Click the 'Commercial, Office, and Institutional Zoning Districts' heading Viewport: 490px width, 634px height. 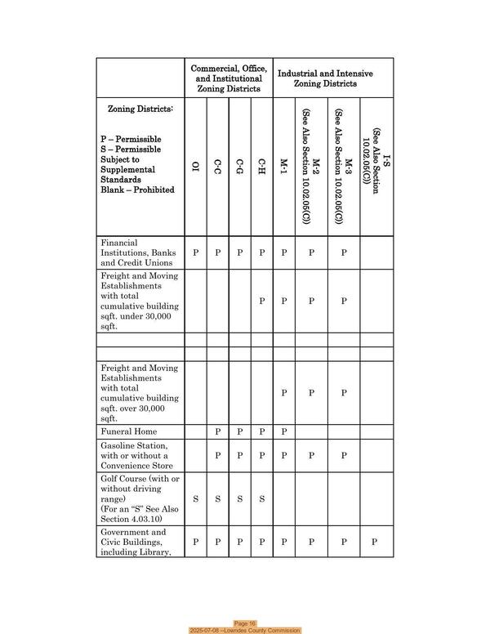[x=228, y=78]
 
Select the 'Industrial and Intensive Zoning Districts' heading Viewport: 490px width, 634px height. [x=325, y=78]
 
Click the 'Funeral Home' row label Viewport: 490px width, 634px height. [x=128, y=431]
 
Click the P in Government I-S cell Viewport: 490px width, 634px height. [x=376, y=542]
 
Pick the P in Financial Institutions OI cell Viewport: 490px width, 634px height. [x=195, y=253]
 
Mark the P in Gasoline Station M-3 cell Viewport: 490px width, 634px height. [x=344, y=455]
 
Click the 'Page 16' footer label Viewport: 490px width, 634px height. [x=245, y=623]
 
